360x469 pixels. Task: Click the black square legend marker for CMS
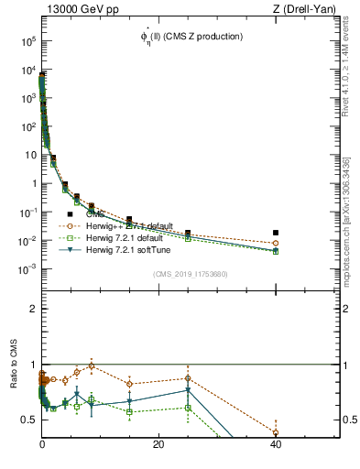(x=71, y=214)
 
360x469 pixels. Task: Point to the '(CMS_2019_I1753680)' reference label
(x=190, y=273)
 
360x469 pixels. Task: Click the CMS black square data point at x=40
(x=276, y=233)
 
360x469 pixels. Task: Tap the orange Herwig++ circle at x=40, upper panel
(x=276, y=244)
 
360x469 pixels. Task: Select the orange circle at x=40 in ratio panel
(x=276, y=432)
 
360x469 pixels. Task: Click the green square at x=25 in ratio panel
(x=188, y=408)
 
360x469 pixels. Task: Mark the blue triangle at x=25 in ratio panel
(x=188, y=390)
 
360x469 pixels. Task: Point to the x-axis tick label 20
(x=158, y=444)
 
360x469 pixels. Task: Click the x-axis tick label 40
(x=276, y=444)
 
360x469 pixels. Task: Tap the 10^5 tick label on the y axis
(x=27, y=42)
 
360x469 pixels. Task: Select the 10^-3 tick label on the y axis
(x=27, y=269)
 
